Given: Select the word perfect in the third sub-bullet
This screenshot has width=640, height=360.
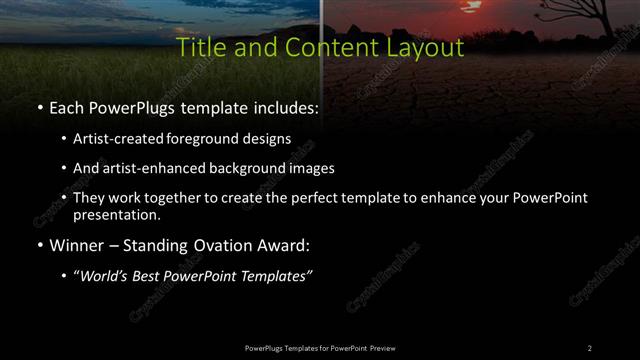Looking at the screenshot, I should pyautogui.click(x=312, y=198).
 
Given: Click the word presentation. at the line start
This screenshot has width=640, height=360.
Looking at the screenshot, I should pyautogui.click(x=116, y=214).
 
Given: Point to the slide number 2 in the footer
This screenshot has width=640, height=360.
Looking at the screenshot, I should pyautogui.click(x=589, y=348).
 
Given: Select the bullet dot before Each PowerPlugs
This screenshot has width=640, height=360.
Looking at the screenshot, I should pyautogui.click(x=39, y=107).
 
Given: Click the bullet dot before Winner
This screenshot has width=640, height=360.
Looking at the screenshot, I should pyautogui.click(x=39, y=245).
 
